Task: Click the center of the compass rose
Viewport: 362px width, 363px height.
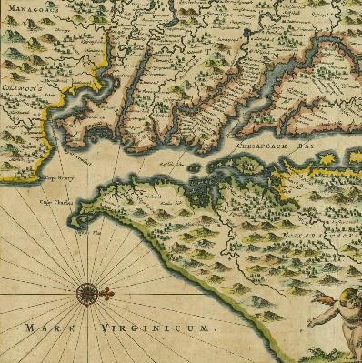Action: pyautogui.click(x=88, y=292)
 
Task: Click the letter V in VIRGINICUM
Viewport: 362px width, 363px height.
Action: pyautogui.click(x=105, y=325)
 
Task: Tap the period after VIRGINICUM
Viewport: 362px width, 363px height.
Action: pyautogui.click(x=217, y=328)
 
